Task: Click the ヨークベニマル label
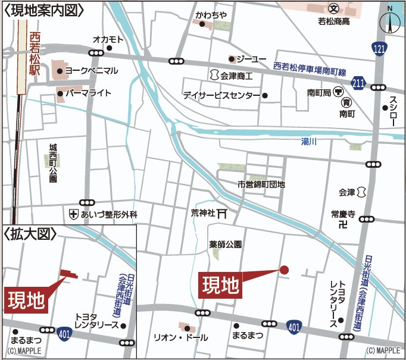91,71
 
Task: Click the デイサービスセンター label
221,95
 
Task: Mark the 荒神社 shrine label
203,212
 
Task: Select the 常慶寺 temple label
343,213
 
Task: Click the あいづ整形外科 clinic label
109,214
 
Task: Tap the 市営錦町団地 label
261,184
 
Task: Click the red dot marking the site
284,270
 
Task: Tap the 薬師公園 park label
225,244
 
